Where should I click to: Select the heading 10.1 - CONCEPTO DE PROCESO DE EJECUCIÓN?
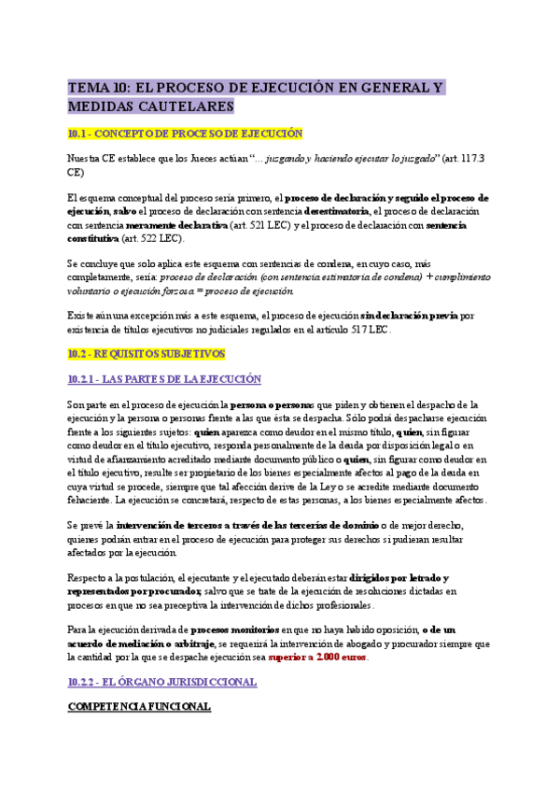(x=185, y=134)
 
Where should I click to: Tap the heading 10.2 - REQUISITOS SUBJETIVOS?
(x=147, y=354)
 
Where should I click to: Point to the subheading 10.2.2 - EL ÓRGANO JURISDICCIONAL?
(x=162, y=682)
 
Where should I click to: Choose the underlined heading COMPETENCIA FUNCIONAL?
(x=139, y=707)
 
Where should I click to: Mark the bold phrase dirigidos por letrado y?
(x=405, y=578)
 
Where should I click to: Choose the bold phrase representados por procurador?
(x=134, y=591)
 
